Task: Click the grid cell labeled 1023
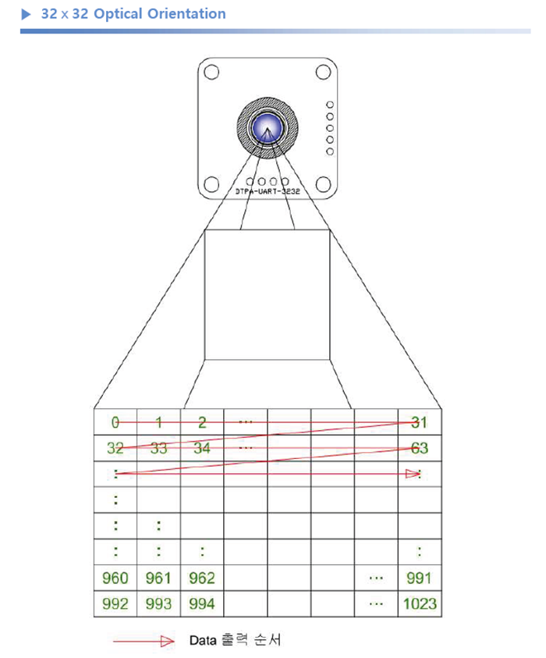[420, 604]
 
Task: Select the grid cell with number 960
[115, 578]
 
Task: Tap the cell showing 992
[115, 604]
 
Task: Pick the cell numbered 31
[420, 422]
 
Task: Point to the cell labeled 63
[420, 448]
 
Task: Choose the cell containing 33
[159, 448]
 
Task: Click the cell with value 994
[202, 604]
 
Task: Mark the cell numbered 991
[420, 578]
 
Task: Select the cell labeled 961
[159, 578]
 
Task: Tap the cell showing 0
[115, 422]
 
